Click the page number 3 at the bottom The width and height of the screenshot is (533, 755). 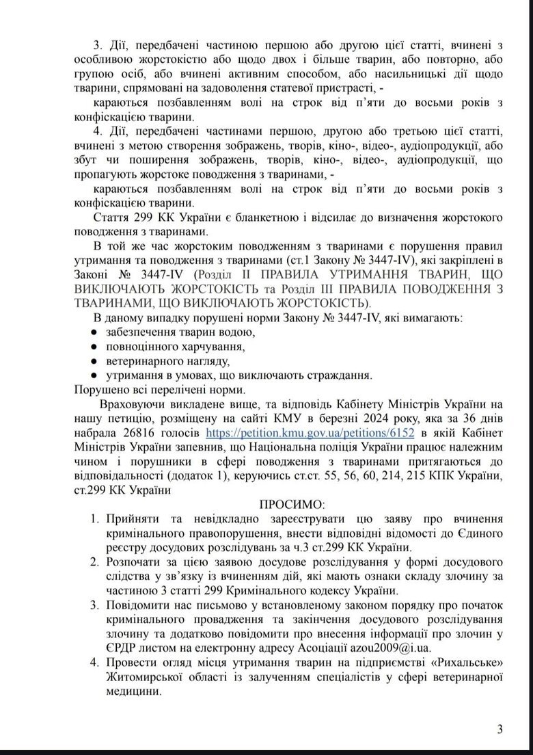pos(500,729)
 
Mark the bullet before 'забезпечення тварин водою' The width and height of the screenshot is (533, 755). pos(95,332)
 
